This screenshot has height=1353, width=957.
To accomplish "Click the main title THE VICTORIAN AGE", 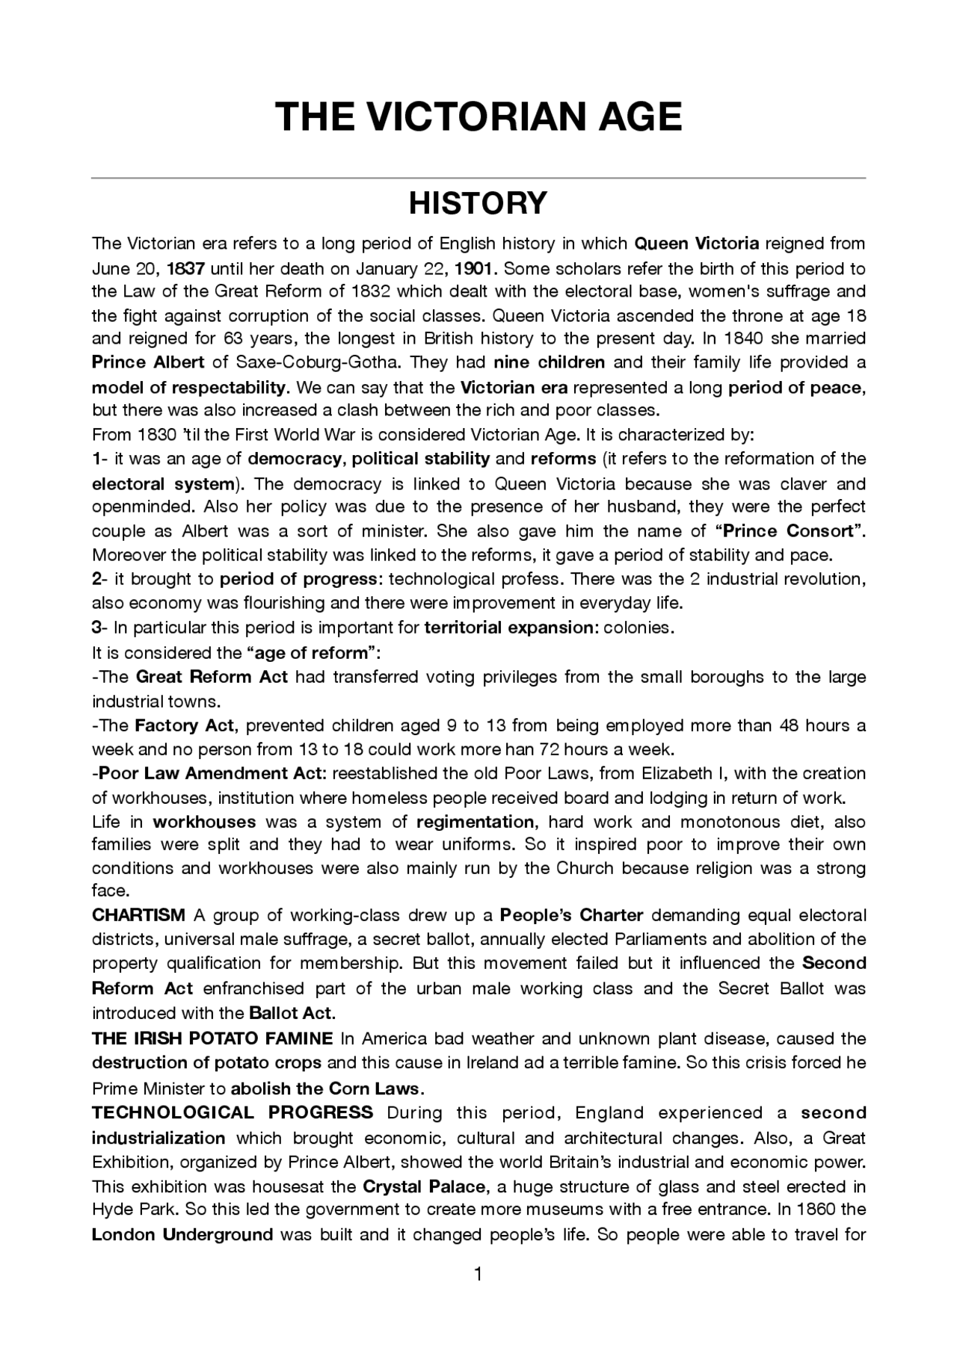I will click(478, 117).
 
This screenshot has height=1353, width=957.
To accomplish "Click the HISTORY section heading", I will click(478, 203).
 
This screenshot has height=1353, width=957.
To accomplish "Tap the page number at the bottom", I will click(478, 1275).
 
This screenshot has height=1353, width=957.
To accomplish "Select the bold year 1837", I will click(186, 268).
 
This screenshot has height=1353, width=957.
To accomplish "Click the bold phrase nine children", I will click(550, 363).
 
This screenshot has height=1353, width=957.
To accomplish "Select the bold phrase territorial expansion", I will click(508, 628).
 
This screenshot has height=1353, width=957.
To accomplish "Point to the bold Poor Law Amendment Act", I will click(212, 773).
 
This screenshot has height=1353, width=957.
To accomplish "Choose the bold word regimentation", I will click(476, 822).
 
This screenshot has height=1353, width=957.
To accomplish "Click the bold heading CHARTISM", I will click(138, 915).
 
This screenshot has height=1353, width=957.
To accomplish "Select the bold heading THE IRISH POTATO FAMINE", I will click(212, 1038).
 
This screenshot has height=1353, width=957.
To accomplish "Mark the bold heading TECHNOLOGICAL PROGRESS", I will click(233, 1112).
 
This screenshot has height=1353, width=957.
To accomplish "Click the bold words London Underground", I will click(182, 1234).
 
